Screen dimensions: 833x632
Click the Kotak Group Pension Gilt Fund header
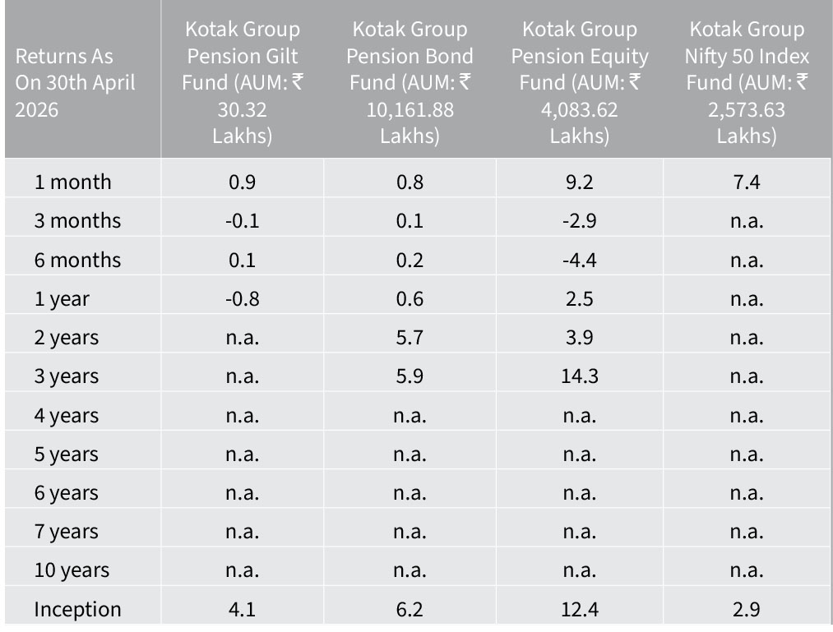[x=243, y=82]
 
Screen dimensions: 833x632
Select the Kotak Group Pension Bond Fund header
[x=410, y=82]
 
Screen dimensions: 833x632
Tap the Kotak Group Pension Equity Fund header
[x=580, y=82]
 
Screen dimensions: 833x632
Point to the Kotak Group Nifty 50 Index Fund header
[x=747, y=82]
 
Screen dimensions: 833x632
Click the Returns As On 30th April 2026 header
[x=75, y=83]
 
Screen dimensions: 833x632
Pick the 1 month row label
[x=73, y=182]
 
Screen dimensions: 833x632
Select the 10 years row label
[x=72, y=570]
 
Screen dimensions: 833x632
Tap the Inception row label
[x=77, y=609]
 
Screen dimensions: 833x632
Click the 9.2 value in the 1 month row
[x=580, y=182]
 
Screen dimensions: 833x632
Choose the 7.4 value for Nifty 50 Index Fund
[x=747, y=182]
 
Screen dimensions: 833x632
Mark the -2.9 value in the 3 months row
[x=580, y=221]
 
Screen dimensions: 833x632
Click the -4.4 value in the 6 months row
[x=580, y=261]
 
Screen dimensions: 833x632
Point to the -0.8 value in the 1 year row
[x=243, y=299]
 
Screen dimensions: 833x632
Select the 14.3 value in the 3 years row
[x=580, y=376]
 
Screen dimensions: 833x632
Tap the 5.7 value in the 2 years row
[x=410, y=338]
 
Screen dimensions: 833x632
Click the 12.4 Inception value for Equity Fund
[x=580, y=609]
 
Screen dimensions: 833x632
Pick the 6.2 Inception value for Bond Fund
[x=410, y=609]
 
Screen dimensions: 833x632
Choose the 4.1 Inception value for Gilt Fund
[x=243, y=609]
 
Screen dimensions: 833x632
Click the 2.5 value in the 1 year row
[x=580, y=299]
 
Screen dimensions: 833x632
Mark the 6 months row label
[x=77, y=261]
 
